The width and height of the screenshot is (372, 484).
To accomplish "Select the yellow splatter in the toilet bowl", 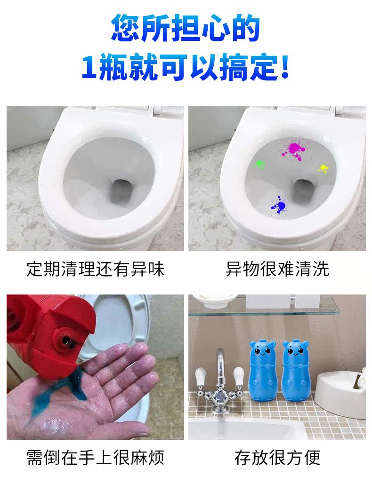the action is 323,168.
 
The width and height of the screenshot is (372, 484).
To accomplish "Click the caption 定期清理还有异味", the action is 95,269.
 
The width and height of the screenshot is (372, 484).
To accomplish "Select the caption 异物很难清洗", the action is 277,269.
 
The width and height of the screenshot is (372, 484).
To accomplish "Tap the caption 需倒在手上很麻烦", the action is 95,458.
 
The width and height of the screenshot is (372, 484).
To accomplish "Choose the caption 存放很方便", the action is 277,458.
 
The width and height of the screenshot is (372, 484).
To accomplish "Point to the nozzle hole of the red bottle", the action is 66,340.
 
